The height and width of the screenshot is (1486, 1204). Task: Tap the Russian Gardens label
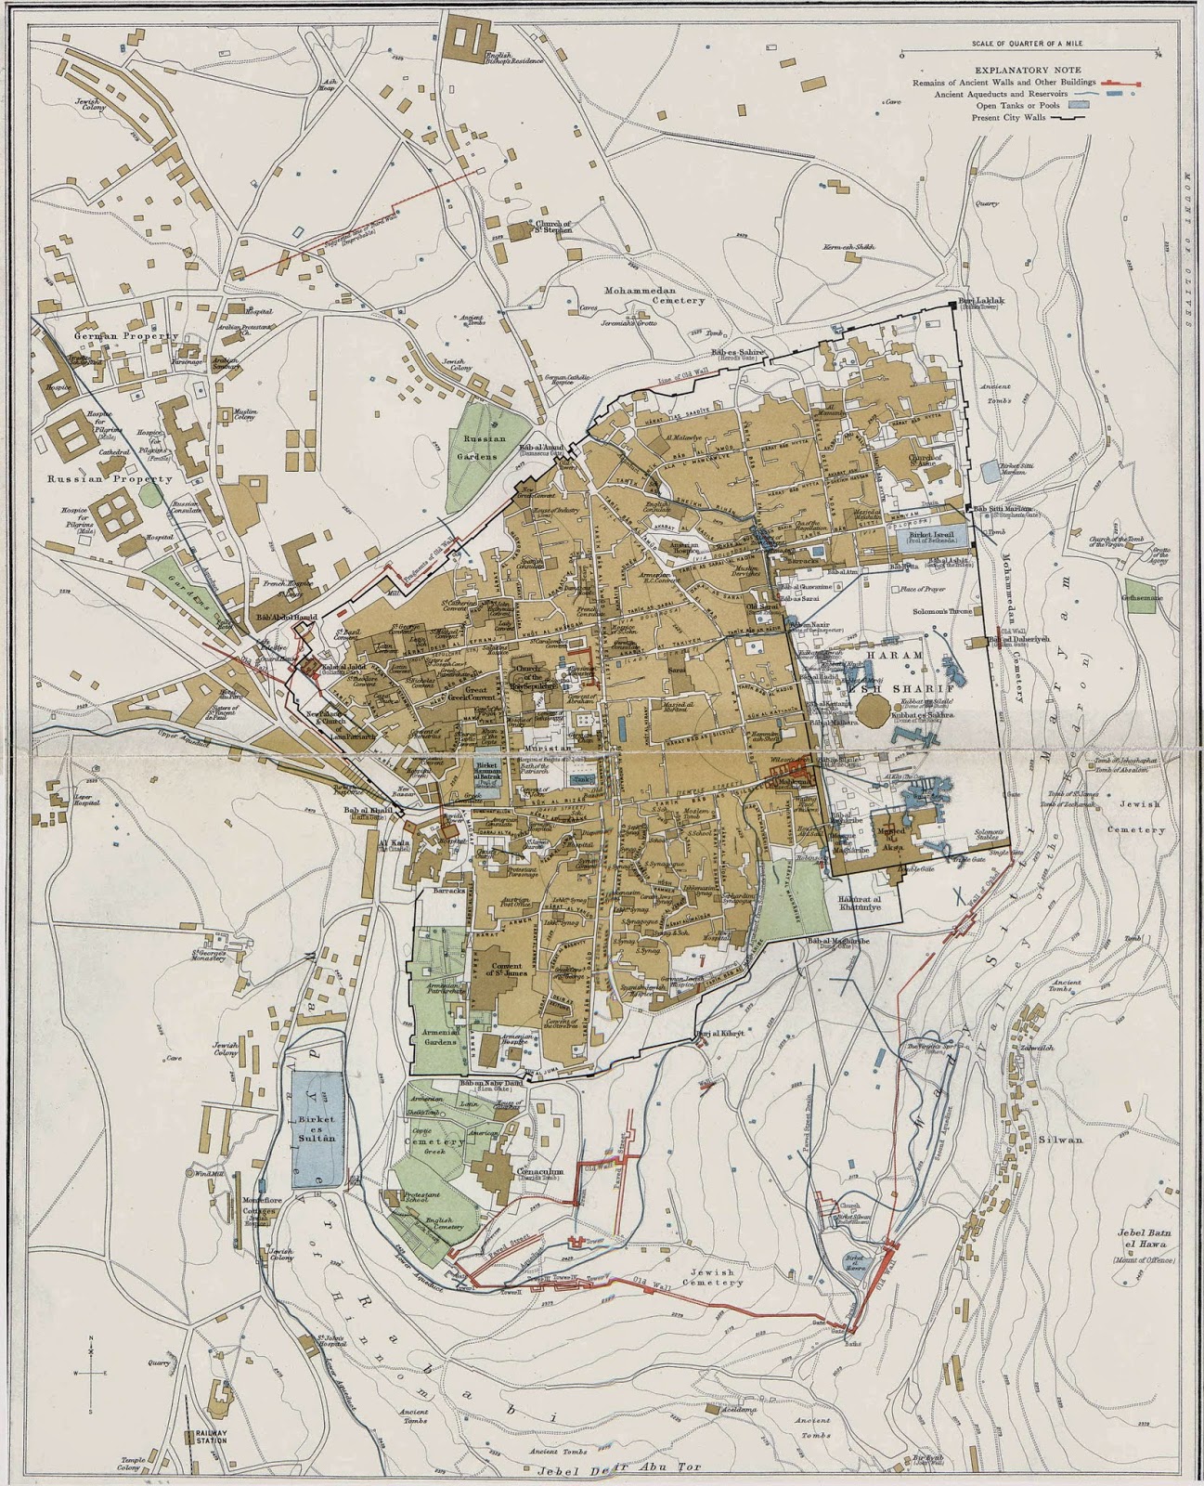click(x=483, y=447)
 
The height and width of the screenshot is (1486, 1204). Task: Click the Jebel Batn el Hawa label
click(x=1146, y=1240)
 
